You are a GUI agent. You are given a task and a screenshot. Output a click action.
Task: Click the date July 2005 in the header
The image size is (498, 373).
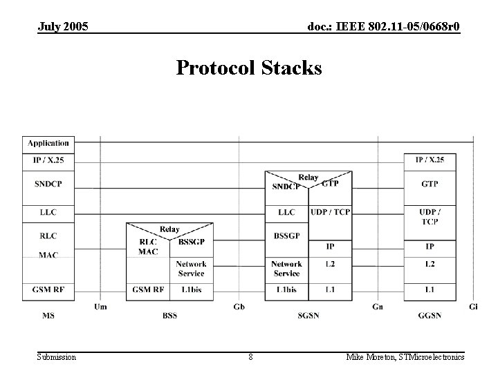pyautogui.click(x=64, y=27)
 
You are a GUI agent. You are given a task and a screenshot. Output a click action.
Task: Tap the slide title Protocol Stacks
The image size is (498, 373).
pyautogui.click(x=249, y=68)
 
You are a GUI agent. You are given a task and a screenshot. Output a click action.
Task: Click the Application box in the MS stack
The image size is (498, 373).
pyautogui.click(x=48, y=144)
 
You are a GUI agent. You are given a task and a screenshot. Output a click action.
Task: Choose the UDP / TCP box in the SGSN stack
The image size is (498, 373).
pyautogui.click(x=330, y=212)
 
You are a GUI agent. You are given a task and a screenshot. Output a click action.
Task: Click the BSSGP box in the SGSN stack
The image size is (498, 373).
pyautogui.click(x=286, y=236)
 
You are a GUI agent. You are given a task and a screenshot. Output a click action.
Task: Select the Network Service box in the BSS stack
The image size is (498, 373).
pyautogui.click(x=192, y=268)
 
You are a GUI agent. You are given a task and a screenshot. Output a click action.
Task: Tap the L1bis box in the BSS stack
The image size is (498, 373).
pyautogui.click(x=192, y=290)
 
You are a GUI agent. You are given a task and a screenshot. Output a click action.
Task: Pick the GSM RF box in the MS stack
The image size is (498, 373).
pyautogui.click(x=48, y=290)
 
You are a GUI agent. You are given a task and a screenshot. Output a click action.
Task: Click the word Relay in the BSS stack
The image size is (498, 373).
pyautogui.click(x=169, y=229)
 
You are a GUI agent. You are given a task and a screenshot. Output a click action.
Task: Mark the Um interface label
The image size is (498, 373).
pyautogui.click(x=100, y=307)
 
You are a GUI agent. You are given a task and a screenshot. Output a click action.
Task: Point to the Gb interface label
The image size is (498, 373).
pyautogui.click(x=239, y=307)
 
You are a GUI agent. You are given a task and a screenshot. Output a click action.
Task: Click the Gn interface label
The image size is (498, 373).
pyautogui.click(x=377, y=307)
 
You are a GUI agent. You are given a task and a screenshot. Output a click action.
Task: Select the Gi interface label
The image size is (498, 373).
pyautogui.click(x=473, y=307)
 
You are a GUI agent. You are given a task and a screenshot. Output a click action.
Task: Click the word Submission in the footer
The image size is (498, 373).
pyautogui.click(x=57, y=356)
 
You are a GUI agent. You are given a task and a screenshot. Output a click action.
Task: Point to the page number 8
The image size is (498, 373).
pyautogui.click(x=250, y=356)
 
